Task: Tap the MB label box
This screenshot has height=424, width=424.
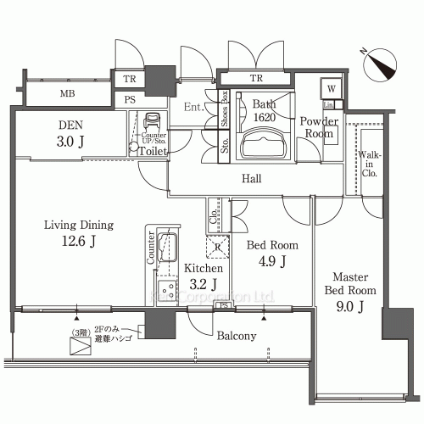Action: [x=65, y=93]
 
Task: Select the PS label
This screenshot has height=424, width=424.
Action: [x=130, y=99]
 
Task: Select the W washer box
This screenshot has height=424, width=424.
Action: [x=330, y=88]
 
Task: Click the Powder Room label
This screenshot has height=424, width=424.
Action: [x=319, y=128]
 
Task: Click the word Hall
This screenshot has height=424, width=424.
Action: [x=251, y=180]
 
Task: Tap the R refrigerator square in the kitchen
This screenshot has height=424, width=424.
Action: [x=218, y=247]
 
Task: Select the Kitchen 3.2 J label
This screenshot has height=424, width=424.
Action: [x=204, y=276]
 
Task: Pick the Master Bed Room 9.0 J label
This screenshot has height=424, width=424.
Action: [x=349, y=292]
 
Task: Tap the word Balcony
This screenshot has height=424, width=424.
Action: [x=236, y=336]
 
